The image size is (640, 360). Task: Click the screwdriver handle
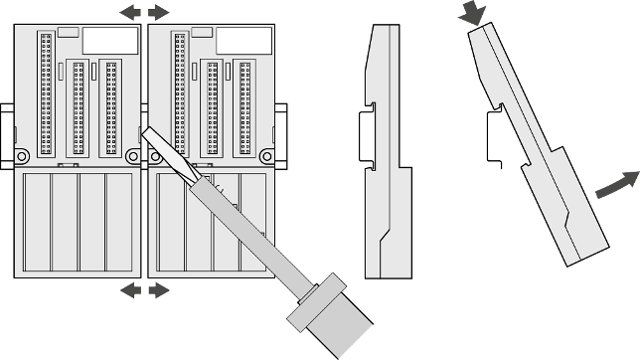[329, 319]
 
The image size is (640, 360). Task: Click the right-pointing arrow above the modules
[159, 12]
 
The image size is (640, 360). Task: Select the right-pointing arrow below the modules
[159, 289]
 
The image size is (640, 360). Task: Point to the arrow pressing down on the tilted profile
[475, 13]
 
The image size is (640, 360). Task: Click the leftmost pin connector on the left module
[46, 94]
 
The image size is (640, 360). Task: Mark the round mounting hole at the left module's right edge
[133, 156]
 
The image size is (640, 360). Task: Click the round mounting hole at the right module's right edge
[266, 156]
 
